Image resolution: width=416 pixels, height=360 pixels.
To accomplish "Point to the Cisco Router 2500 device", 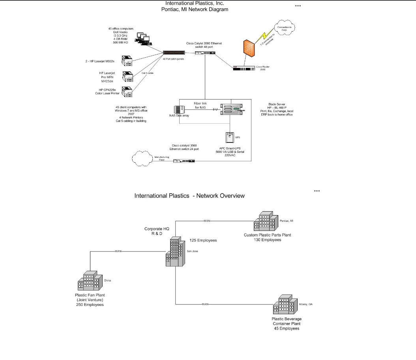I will (244, 67).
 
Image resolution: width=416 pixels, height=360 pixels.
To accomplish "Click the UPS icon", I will (229, 137).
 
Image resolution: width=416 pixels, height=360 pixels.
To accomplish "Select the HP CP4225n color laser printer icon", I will (127, 92).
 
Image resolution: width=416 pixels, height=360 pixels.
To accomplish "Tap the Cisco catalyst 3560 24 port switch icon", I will (184, 161).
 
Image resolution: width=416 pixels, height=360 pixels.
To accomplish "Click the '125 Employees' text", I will (203, 240).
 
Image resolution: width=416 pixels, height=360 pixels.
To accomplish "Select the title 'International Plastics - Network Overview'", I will (189, 196).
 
